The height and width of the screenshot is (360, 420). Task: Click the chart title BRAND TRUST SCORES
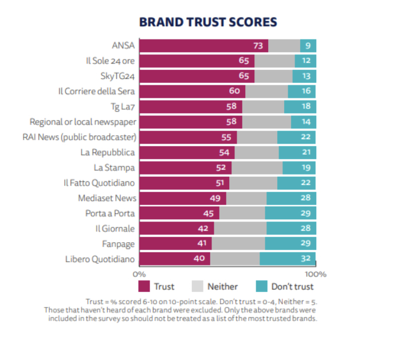[209, 22]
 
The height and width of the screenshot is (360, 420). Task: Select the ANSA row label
[124, 46]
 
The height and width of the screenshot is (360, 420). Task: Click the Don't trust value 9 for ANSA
[308, 46]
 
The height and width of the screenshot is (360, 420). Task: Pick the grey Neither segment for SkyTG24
[273, 76]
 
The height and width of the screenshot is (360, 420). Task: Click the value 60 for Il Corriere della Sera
[235, 92]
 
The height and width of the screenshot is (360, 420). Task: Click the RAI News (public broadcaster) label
[79, 137]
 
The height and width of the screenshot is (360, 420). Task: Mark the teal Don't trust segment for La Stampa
[299, 168]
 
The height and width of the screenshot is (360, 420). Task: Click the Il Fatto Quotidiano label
[99, 183]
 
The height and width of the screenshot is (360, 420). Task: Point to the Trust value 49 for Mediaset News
[216, 199]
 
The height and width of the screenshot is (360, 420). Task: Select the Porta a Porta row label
[111, 213]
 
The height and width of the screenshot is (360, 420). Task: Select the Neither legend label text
[222, 287]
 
